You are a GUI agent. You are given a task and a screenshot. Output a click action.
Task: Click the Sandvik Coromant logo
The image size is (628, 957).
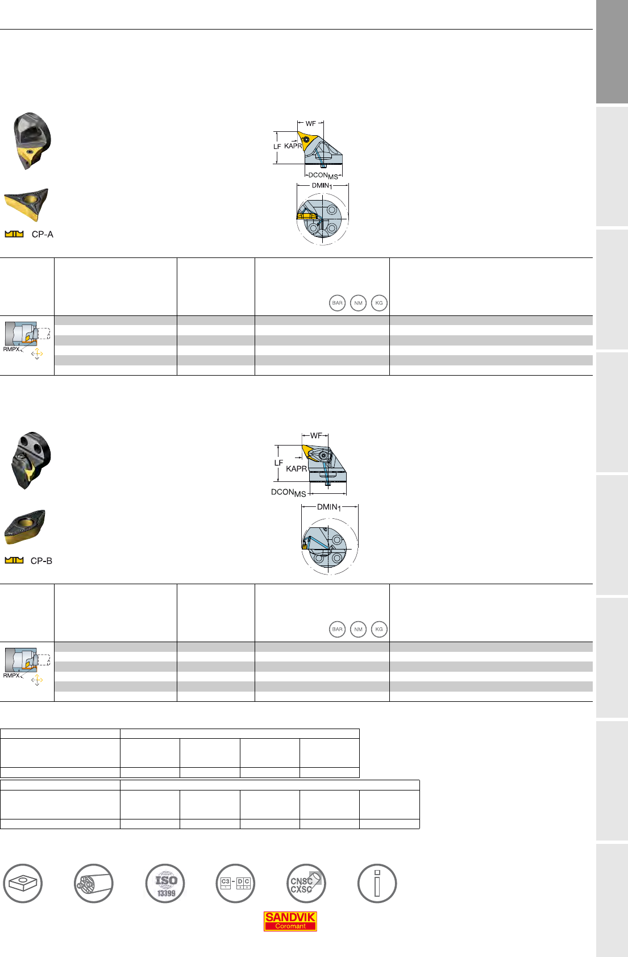point(290,921)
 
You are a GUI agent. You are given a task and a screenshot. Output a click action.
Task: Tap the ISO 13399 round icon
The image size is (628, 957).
point(165,884)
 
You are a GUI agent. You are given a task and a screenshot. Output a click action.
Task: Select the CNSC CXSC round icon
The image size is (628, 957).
point(306,884)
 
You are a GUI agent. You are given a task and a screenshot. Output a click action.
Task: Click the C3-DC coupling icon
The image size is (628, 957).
point(235,884)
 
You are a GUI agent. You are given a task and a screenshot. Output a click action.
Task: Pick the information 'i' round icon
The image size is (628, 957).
point(377,884)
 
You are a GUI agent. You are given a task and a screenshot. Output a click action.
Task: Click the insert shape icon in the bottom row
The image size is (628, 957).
point(23,884)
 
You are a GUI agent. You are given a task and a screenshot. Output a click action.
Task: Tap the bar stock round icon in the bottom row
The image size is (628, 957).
point(94,884)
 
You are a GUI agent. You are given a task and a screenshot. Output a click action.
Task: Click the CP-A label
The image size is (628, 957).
point(42,234)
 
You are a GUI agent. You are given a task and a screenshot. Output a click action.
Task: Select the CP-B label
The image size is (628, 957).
point(41,560)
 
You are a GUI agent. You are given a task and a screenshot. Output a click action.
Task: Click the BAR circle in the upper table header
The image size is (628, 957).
point(337,303)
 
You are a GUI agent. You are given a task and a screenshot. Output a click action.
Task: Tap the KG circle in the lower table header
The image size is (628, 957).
point(379,629)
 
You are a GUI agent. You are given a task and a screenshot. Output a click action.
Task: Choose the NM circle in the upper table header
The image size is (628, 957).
point(358,303)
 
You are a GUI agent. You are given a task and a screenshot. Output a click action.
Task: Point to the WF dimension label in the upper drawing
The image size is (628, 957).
point(310,123)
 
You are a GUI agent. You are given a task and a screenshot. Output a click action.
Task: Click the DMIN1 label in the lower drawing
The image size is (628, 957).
point(328,507)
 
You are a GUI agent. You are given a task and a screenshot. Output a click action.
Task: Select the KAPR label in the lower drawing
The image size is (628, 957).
point(297,469)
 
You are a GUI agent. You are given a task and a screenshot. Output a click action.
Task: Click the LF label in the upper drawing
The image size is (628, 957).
point(277,147)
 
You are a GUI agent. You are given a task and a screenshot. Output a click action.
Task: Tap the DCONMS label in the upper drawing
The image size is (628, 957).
point(323,176)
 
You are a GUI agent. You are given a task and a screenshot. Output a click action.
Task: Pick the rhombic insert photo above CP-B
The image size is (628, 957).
point(25,527)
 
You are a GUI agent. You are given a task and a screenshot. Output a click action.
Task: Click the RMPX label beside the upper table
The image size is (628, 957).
point(11,349)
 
